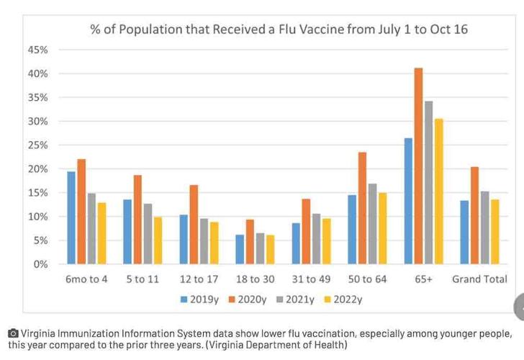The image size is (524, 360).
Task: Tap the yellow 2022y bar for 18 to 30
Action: (270, 249)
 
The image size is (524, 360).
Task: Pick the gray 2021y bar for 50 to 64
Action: (372, 224)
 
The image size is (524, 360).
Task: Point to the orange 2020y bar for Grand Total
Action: (474, 215)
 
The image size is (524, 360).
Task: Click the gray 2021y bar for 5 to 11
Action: (148, 234)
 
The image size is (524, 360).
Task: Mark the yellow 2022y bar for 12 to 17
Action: (214, 243)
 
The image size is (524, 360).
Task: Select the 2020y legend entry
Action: (248, 299)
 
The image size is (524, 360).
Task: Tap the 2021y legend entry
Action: (296, 299)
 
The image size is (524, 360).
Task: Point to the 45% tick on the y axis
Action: (38, 50)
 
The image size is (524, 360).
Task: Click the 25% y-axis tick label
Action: (38, 145)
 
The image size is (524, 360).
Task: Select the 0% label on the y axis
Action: (40, 264)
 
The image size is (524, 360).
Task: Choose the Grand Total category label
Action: (479, 279)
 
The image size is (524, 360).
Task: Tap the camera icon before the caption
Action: (13, 334)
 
